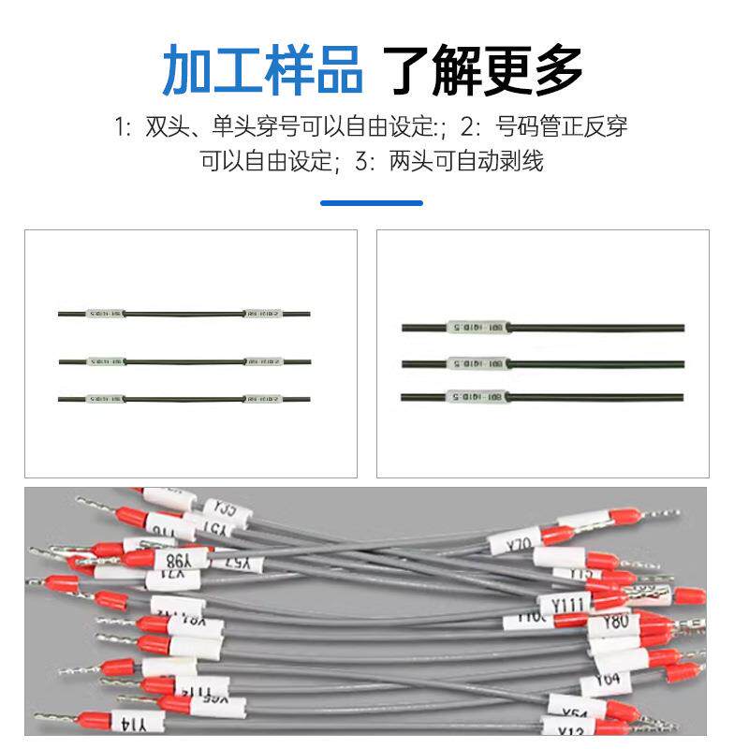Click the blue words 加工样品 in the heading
[262, 68]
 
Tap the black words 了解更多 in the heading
[486, 68]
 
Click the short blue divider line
[372, 202]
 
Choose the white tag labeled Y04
[607, 679]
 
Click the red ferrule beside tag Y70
[558, 536]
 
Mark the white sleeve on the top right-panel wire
[477, 328]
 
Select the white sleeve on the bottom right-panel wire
[477, 397]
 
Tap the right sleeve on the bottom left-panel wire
[262, 399]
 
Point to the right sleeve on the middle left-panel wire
[262, 361]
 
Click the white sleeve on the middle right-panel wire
[477, 362]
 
